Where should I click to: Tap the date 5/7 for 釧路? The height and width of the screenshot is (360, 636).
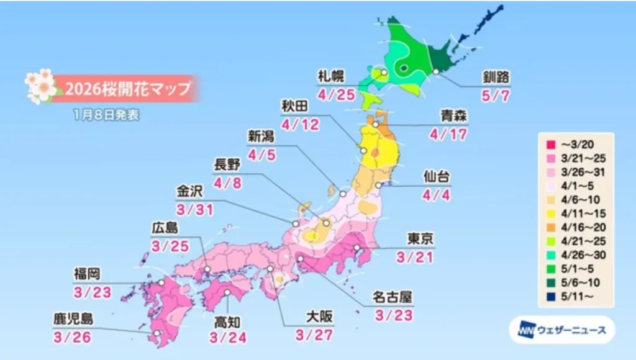pos(498,96)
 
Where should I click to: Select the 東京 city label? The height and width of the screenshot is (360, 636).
pos(420,240)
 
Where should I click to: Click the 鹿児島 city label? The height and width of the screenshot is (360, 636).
pos(73,320)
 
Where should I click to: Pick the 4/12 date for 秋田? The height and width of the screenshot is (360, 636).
pos(300,125)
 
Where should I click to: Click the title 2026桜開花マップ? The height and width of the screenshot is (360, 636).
pos(128,89)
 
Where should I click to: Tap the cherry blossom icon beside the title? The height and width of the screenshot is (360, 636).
pos(40,87)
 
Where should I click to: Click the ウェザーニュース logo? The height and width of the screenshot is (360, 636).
pos(561,330)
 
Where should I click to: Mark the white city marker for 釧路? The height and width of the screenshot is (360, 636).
pos(437,72)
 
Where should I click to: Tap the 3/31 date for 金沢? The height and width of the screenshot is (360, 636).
pos(194,209)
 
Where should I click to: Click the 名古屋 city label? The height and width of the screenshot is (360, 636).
pos(393,298)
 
